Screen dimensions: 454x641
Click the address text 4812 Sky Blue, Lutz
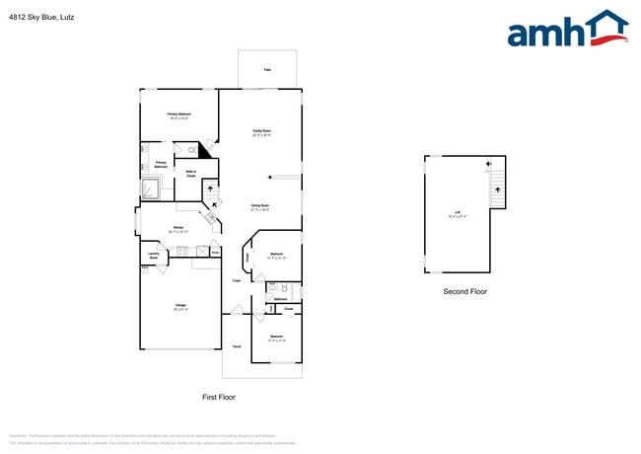40,17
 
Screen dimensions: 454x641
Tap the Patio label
267,70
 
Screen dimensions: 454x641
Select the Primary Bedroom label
178,116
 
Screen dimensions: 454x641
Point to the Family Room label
261,132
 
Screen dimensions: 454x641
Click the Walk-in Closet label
190,174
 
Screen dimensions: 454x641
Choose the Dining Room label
260,207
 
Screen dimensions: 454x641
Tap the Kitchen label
178,229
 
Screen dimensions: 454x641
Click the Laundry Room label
153,256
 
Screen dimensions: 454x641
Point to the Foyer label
237,281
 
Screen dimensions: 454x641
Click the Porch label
237,346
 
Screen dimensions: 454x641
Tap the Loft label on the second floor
457,213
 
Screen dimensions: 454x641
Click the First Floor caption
218,397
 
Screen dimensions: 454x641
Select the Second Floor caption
464,291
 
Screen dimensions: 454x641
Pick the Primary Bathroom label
161,165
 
